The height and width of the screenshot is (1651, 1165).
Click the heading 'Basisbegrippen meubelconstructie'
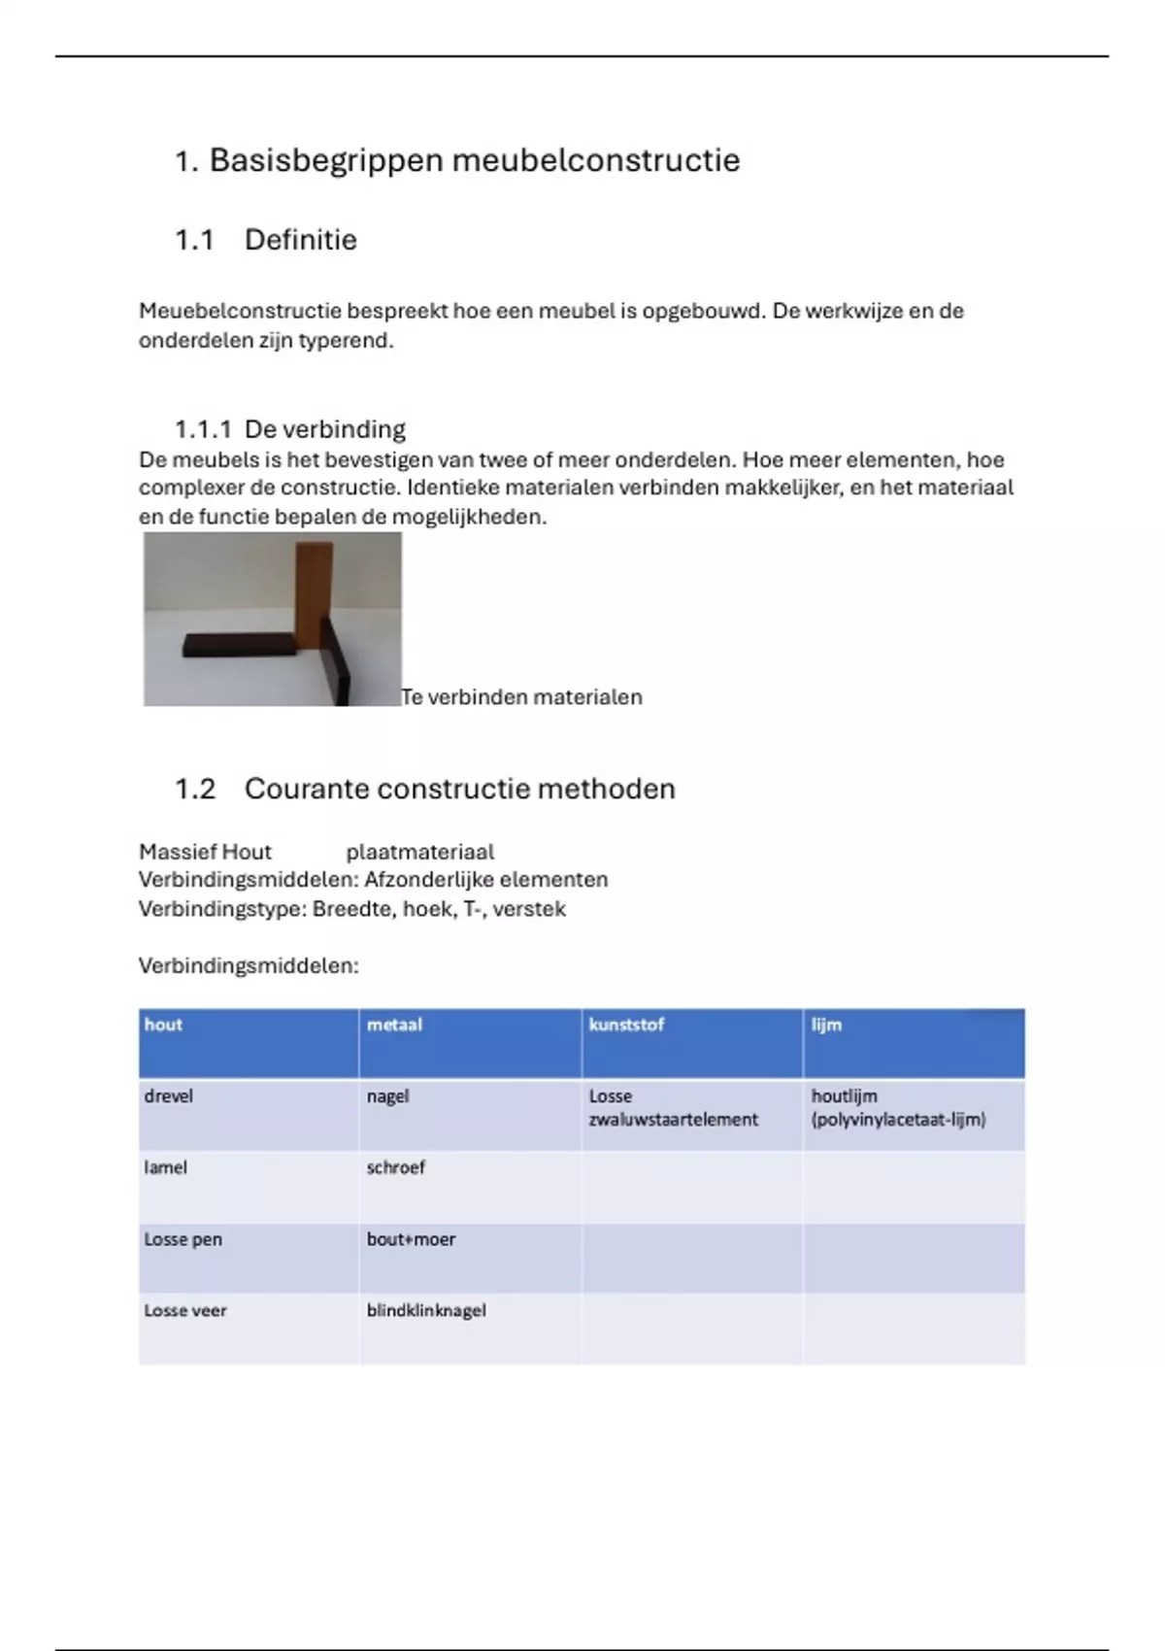(474, 160)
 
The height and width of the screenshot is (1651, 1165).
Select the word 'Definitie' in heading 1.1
(301, 240)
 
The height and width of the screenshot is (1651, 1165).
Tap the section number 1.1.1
(203, 429)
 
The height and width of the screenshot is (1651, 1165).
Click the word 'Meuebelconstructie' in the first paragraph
(240, 312)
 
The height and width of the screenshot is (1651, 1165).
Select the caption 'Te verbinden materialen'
(521, 697)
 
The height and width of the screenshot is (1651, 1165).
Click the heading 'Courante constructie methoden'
(459, 789)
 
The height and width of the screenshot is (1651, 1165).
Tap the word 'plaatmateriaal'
(419, 853)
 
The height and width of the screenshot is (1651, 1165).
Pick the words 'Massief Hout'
(205, 853)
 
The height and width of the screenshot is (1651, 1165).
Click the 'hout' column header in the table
(163, 1025)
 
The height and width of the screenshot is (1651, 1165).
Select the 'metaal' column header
(394, 1025)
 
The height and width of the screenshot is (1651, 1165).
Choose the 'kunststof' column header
(626, 1025)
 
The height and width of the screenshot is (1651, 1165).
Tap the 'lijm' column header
(826, 1025)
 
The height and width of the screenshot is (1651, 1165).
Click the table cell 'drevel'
(169, 1096)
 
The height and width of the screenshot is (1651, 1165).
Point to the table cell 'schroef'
(395, 1167)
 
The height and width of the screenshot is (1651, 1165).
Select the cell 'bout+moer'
(411, 1239)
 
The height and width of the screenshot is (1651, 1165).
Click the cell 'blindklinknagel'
(426, 1310)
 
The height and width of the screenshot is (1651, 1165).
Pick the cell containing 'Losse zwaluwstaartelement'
(673, 1108)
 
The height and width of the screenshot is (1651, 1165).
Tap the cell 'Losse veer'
(185, 1310)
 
